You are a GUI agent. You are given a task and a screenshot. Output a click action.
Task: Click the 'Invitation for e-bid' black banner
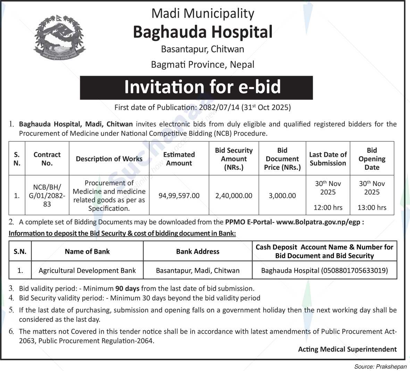pyautogui.click(x=196, y=87)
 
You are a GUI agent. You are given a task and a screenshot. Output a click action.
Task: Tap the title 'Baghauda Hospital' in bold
pyautogui.click(x=203, y=32)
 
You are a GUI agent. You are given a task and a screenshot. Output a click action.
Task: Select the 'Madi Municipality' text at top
pyautogui.click(x=203, y=14)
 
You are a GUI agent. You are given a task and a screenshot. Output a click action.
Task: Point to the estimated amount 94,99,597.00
pyautogui.click(x=179, y=196)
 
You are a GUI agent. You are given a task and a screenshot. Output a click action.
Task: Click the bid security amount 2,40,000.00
pyautogui.click(x=234, y=196)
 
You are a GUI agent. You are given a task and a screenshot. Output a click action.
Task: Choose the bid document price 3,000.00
pyautogui.click(x=282, y=196)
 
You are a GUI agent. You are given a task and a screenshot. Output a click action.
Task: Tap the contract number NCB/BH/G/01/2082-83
pyautogui.click(x=47, y=196)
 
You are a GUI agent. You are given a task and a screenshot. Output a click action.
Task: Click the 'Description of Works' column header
pyautogui.click(x=109, y=159)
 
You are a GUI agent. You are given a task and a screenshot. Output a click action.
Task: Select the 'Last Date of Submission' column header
pyautogui.click(x=328, y=159)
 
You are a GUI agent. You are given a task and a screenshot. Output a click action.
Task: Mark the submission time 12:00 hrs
pyautogui.click(x=328, y=208)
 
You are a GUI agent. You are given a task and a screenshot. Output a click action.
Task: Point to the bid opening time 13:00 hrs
pyautogui.click(x=372, y=208)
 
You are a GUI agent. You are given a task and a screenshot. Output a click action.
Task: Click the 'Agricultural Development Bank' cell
pyautogui.click(x=87, y=270)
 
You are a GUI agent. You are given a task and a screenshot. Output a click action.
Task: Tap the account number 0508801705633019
pyautogui.click(x=354, y=270)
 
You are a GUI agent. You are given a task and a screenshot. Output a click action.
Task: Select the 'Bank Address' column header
pyautogui.click(x=198, y=252)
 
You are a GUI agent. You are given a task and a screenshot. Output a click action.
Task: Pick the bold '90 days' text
pyautogui.click(x=127, y=288)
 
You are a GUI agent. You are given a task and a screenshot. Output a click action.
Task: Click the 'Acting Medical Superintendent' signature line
pyautogui.click(x=347, y=349)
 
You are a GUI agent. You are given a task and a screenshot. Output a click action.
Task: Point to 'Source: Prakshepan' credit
pyautogui.click(x=380, y=366)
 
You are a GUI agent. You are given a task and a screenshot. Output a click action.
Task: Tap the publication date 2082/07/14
pyautogui.click(x=217, y=108)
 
